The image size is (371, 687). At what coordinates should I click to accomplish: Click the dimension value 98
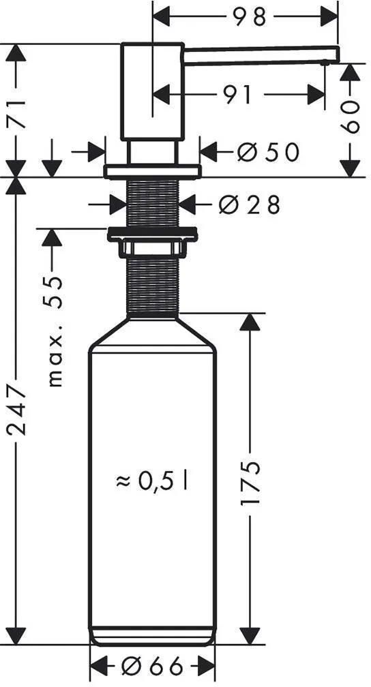tap(248, 16)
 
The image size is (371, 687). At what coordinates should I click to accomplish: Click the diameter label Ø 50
tap(268, 153)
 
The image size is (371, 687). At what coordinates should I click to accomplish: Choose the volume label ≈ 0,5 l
tap(152, 482)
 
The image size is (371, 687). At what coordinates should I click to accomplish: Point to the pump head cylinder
tap(152, 92)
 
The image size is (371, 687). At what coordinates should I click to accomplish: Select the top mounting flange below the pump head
tap(152, 170)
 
